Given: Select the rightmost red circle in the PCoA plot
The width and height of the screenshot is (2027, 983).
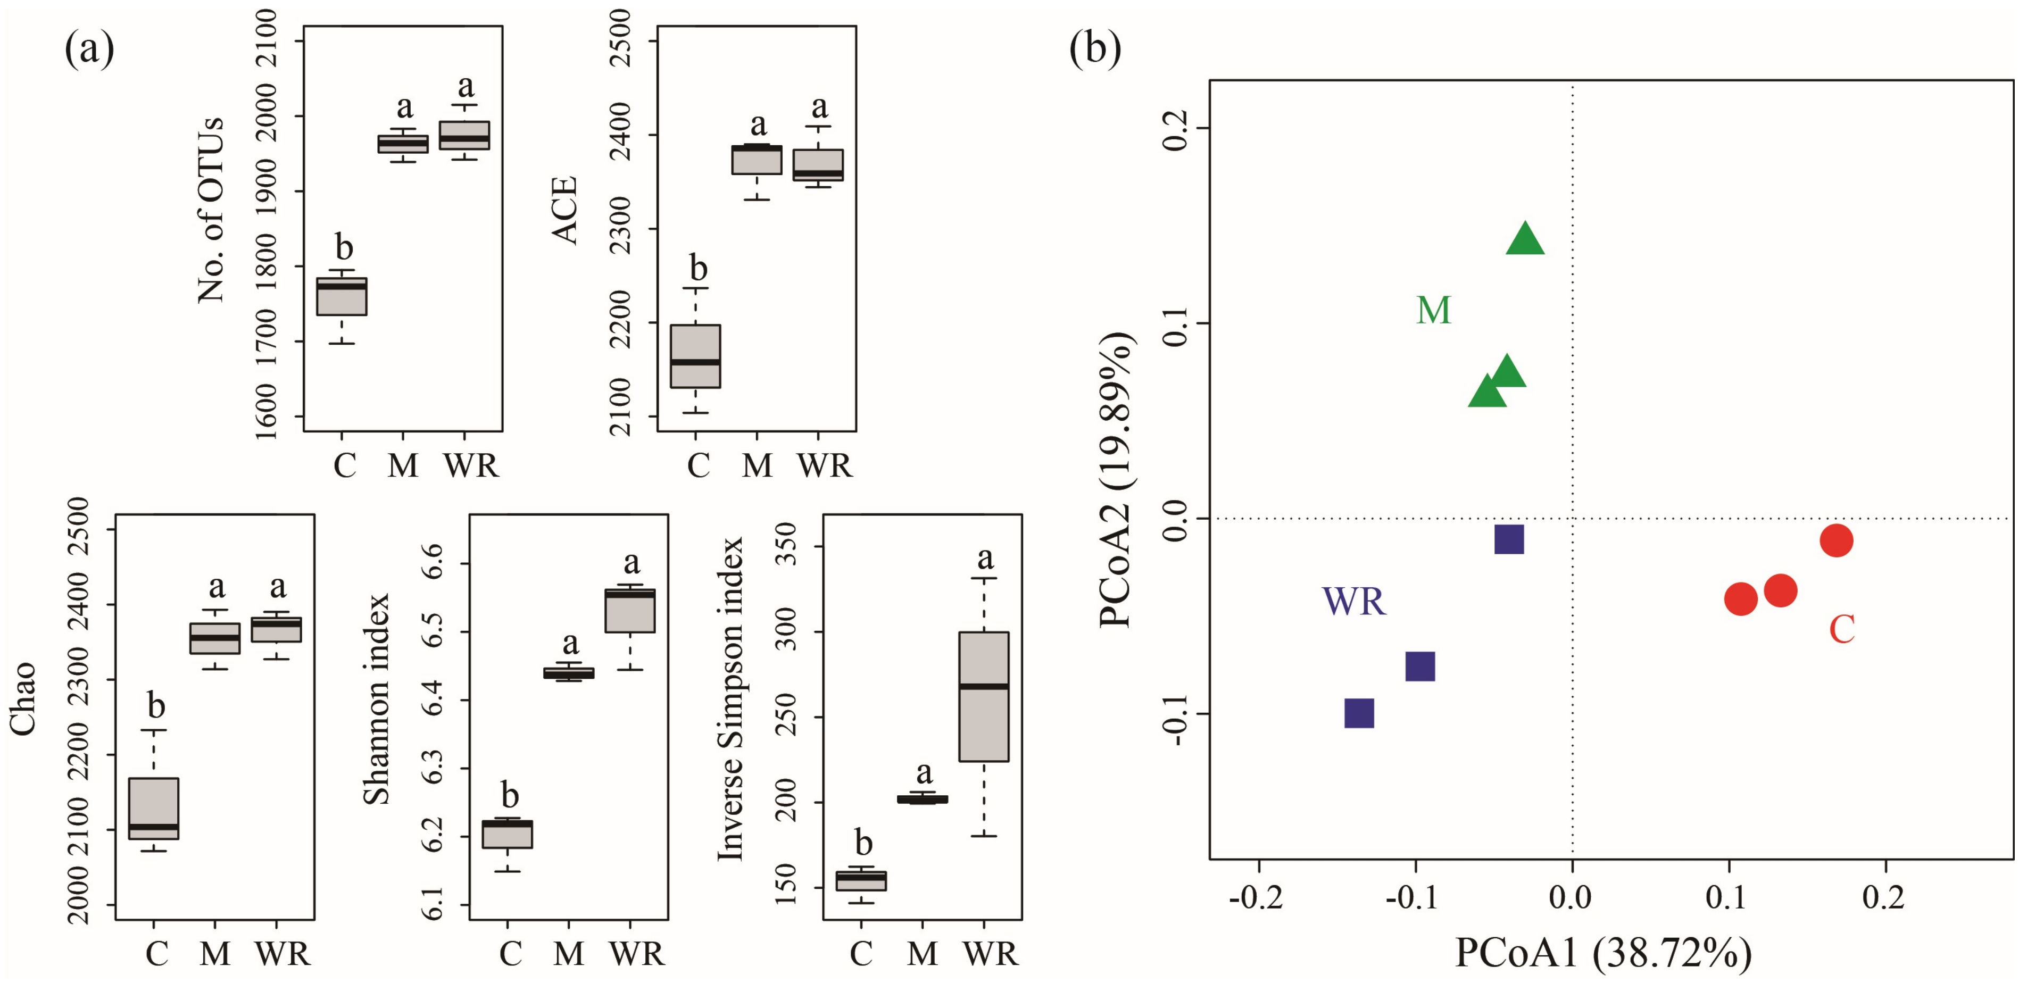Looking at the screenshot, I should [1836, 540].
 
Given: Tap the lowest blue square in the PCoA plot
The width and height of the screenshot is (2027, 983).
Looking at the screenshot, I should [1359, 714].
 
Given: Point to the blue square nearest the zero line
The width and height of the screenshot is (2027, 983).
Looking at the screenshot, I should [1508, 540].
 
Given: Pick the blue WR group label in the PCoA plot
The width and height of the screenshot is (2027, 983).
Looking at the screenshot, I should [1353, 601].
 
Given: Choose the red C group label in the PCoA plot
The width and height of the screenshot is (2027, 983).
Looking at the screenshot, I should [1842, 629].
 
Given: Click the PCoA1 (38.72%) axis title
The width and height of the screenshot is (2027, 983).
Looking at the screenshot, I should [1604, 953].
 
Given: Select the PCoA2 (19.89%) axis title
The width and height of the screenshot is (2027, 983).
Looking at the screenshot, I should [1116, 480].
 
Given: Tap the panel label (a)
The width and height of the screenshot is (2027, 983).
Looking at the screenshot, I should [89, 49].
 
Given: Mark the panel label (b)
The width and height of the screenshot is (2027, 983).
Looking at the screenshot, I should [1094, 49].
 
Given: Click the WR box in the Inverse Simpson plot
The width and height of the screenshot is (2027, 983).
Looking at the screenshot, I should [984, 696].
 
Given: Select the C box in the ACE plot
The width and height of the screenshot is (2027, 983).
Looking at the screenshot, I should [695, 356].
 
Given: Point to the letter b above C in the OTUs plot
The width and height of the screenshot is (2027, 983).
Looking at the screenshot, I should [344, 247].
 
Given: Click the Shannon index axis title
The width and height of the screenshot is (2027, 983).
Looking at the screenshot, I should [377, 699].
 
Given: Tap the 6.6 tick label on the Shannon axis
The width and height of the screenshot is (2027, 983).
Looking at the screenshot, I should [434, 563].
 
